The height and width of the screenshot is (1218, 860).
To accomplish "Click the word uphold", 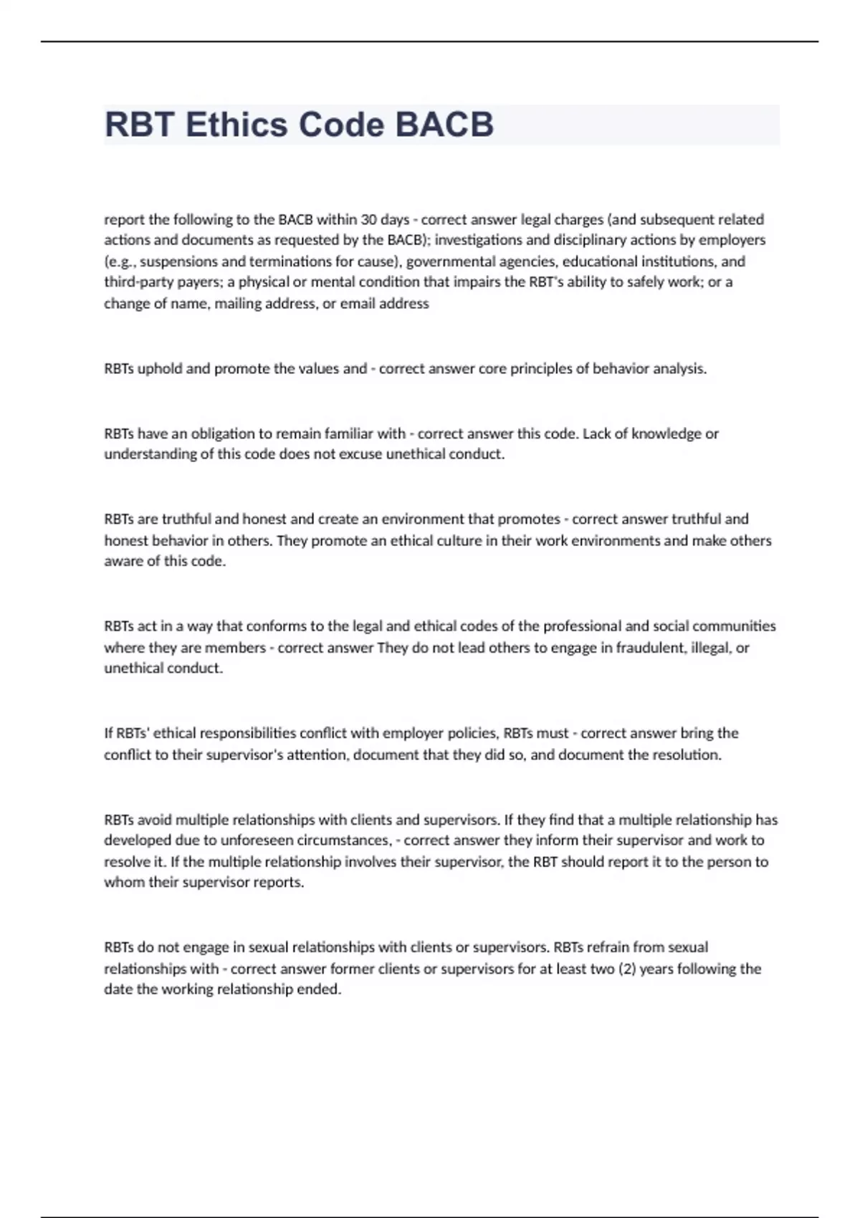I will click(x=160, y=369).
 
